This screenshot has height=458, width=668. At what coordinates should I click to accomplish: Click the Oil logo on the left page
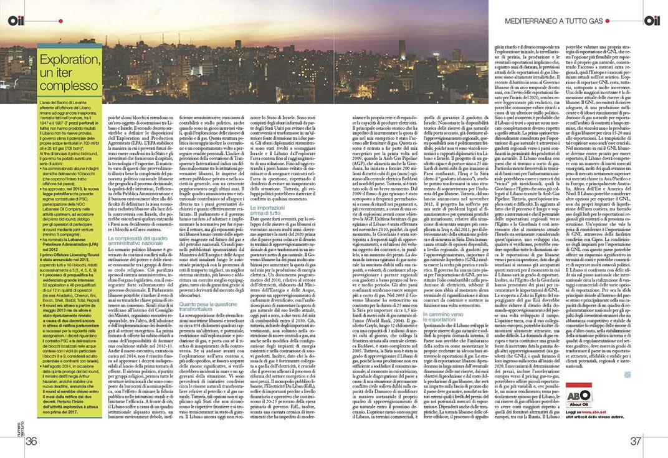pyautogui.click(x=16, y=21)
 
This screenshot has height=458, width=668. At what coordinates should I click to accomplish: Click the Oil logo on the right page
pyautogui.click(x=652, y=21)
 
